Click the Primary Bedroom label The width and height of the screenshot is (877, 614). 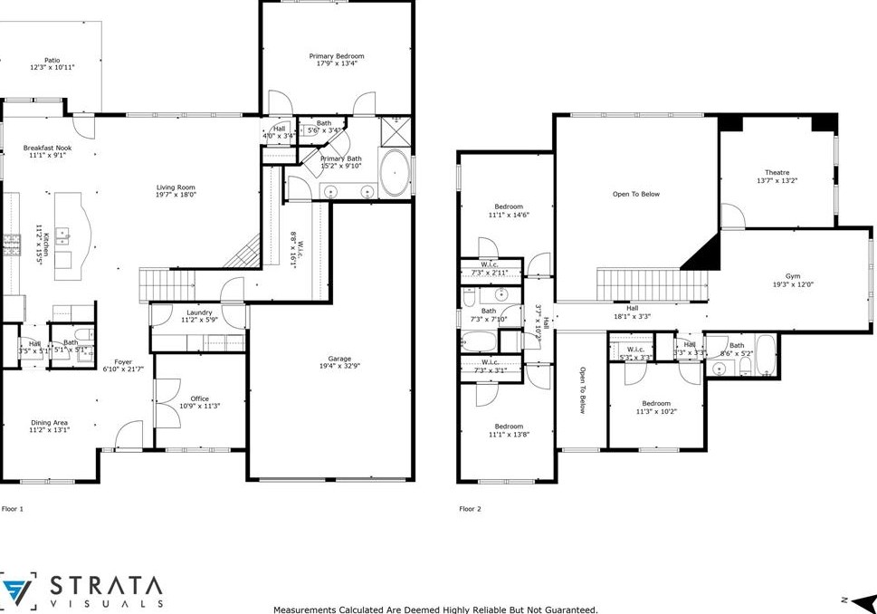[x=336, y=56]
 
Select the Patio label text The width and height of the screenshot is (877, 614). [x=52, y=61]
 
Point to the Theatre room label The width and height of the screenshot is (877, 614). [x=777, y=172]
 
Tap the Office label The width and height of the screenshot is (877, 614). [x=199, y=398]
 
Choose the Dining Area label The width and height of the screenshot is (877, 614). [x=49, y=423]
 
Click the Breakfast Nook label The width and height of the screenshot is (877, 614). [x=47, y=148]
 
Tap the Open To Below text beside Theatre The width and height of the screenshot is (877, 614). [x=636, y=194]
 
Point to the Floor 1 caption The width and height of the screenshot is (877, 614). [x=13, y=509]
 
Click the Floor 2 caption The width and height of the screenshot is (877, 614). [x=470, y=509]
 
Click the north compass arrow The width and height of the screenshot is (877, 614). [x=861, y=600]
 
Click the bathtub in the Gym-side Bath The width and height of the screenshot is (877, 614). [x=766, y=357]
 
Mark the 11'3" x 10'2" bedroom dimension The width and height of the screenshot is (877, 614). [x=656, y=411]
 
